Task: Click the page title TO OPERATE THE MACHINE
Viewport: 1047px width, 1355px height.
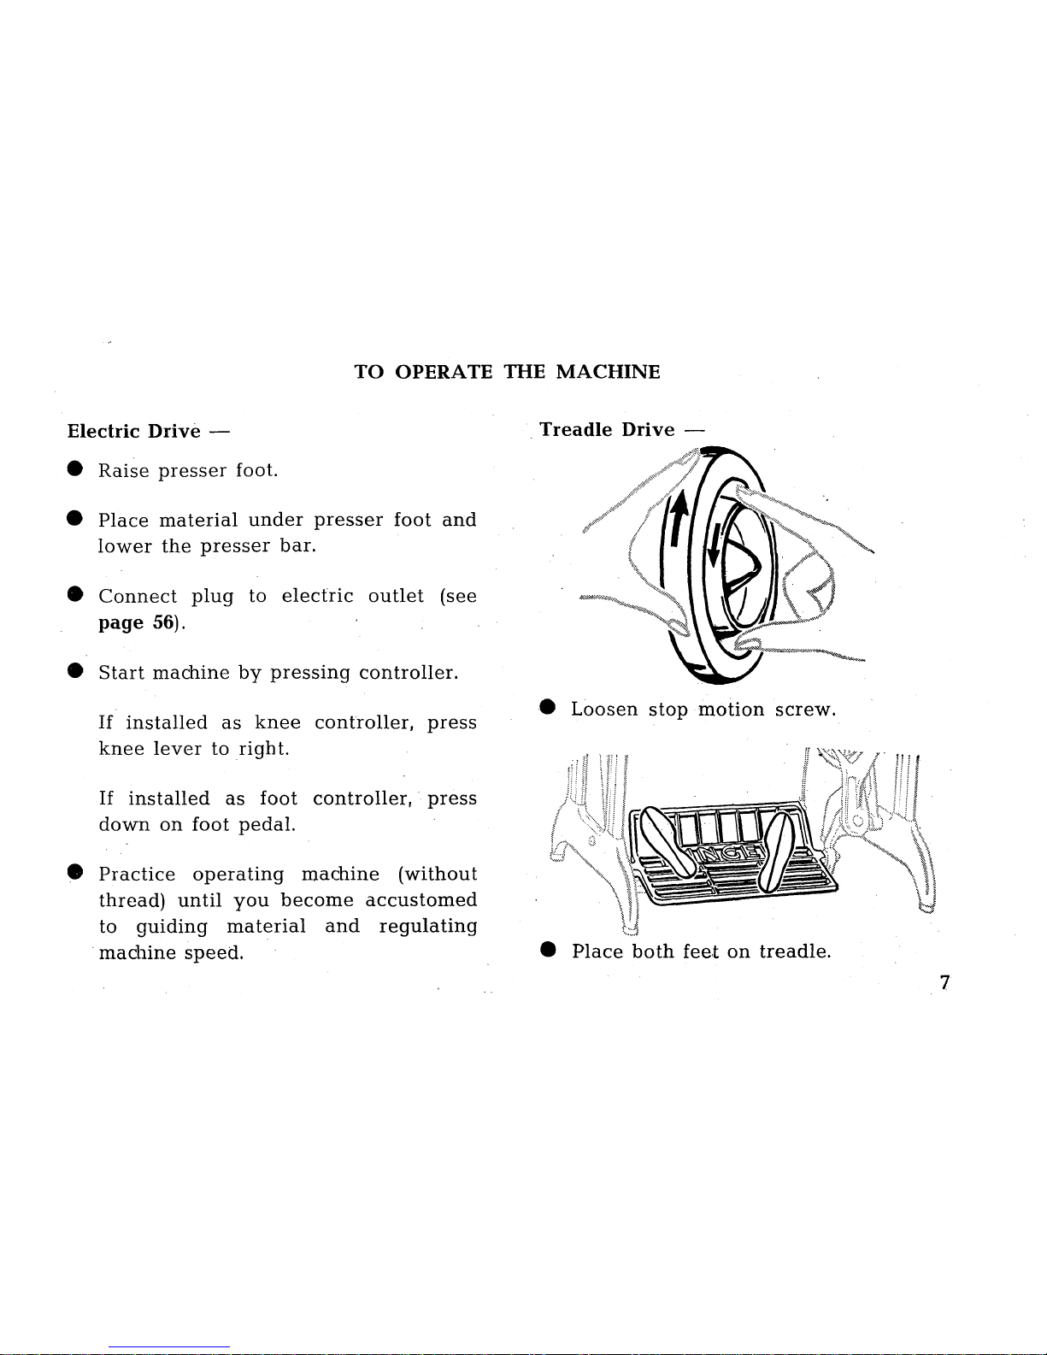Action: tap(507, 372)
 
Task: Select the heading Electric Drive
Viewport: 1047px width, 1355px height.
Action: tap(134, 431)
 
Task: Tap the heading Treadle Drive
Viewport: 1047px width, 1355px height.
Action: tap(607, 429)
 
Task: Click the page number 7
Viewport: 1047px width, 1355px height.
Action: tap(944, 983)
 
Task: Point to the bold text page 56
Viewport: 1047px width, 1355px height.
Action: tap(138, 622)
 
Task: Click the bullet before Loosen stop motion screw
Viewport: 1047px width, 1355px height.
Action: tap(548, 709)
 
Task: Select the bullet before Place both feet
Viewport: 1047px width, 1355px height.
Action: tap(548, 951)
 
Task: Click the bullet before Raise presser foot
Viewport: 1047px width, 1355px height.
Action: tap(75, 469)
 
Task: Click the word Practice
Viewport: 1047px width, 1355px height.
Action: tap(137, 875)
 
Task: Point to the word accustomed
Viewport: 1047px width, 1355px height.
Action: tap(421, 900)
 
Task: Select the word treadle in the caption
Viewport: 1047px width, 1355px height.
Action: tap(794, 951)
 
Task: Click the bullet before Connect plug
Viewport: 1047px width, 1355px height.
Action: tap(75, 595)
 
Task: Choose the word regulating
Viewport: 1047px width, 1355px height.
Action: tap(427, 927)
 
